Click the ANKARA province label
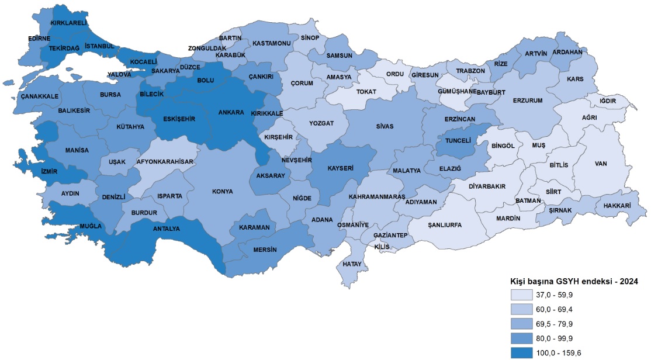230,113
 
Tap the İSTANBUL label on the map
99,46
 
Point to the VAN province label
602,163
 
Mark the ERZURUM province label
528,101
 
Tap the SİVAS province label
385,126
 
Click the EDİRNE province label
40,39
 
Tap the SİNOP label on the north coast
309,38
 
